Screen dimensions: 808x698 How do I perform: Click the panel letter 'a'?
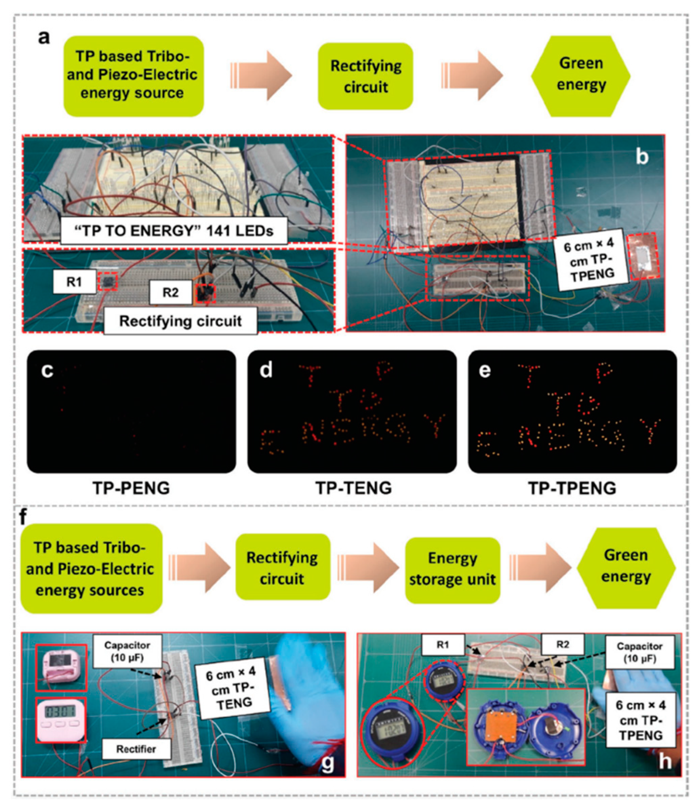click(44, 38)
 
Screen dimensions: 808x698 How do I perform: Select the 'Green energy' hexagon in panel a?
click(580, 76)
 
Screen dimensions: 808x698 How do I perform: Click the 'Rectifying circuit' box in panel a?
click(365, 76)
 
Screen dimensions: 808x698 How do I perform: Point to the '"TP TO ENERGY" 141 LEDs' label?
click(174, 231)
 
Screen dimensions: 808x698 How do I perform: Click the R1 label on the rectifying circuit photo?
click(74, 281)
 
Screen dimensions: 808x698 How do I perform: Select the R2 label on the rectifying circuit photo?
click(170, 292)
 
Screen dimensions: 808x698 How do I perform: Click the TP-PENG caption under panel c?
click(131, 488)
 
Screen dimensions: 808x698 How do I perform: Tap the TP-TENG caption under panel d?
click(353, 488)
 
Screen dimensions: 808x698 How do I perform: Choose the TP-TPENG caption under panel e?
click(572, 488)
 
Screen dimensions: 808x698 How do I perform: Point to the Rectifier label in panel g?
click(136, 749)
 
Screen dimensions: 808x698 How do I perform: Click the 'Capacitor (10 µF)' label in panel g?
click(127, 651)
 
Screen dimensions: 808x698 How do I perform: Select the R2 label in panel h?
click(562, 645)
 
